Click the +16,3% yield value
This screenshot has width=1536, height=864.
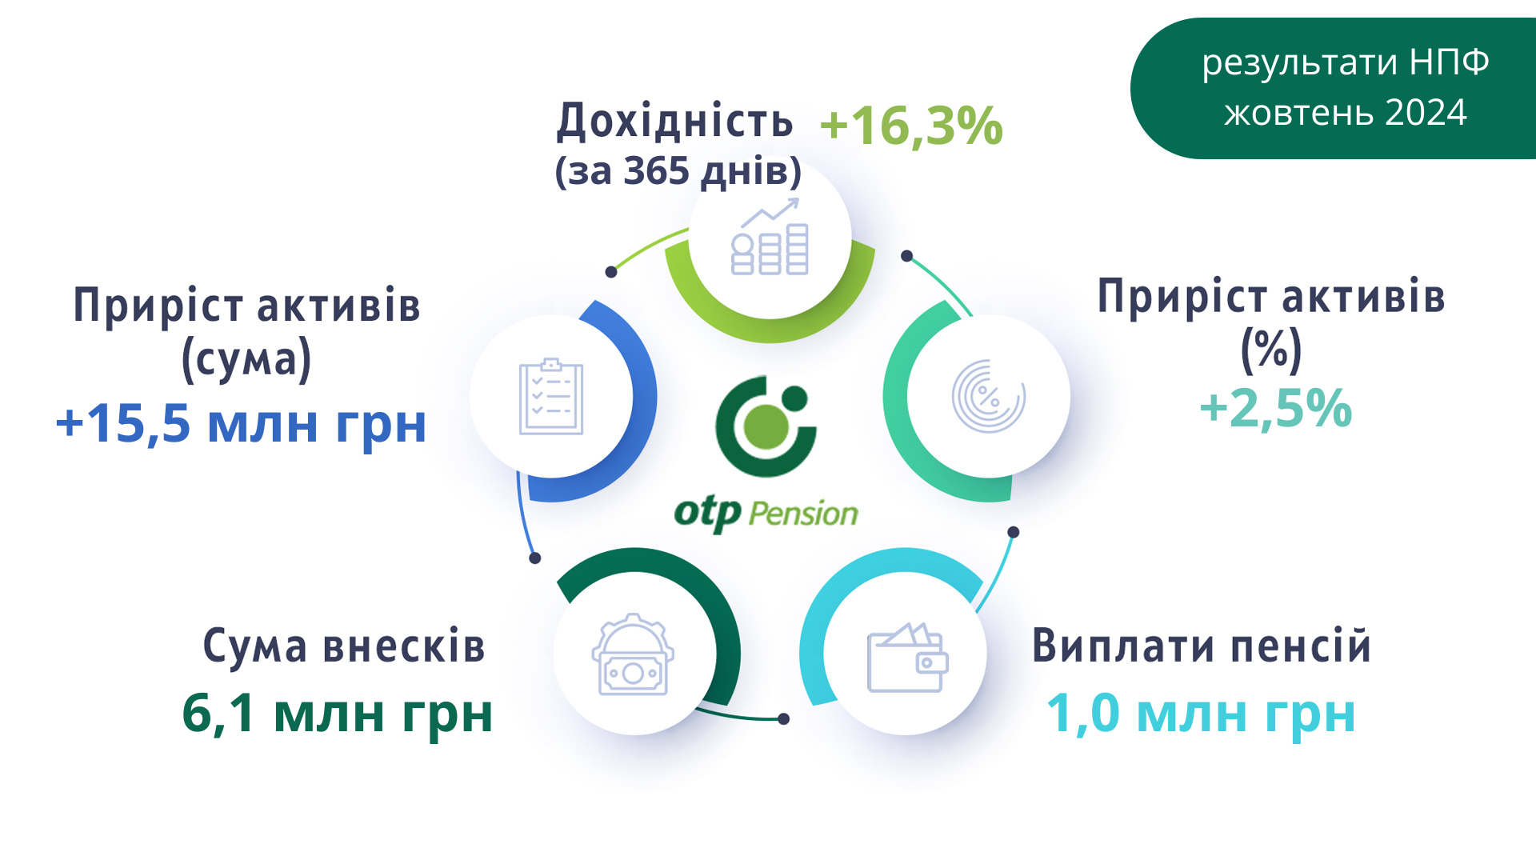tap(911, 126)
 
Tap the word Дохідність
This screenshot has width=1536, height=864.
tap(675, 120)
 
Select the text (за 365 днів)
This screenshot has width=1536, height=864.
tap(678, 171)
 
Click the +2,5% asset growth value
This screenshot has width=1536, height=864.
tap(1276, 408)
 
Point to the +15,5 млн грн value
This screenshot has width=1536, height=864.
tap(241, 424)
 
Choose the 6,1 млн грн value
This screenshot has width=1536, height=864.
tap(337, 714)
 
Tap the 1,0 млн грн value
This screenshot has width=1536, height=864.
tap(1201, 714)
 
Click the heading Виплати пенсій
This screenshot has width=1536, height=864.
tap(1202, 646)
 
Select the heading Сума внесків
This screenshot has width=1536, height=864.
tap(344, 646)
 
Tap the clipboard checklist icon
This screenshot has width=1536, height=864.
tap(551, 397)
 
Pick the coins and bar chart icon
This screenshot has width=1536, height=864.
tap(770, 237)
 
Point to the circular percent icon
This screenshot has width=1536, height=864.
tap(989, 396)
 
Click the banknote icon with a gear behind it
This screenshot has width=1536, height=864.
tap(633, 654)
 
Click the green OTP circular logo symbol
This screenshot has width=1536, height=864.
tap(766, 426)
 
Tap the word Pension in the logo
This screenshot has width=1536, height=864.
tap(803, 514)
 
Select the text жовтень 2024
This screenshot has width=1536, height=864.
tap(1346, 113)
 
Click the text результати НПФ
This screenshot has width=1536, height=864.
tap(1346, 62)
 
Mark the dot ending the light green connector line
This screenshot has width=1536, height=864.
tap(611, 272)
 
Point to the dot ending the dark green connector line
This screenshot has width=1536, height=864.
tap(784, 719)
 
